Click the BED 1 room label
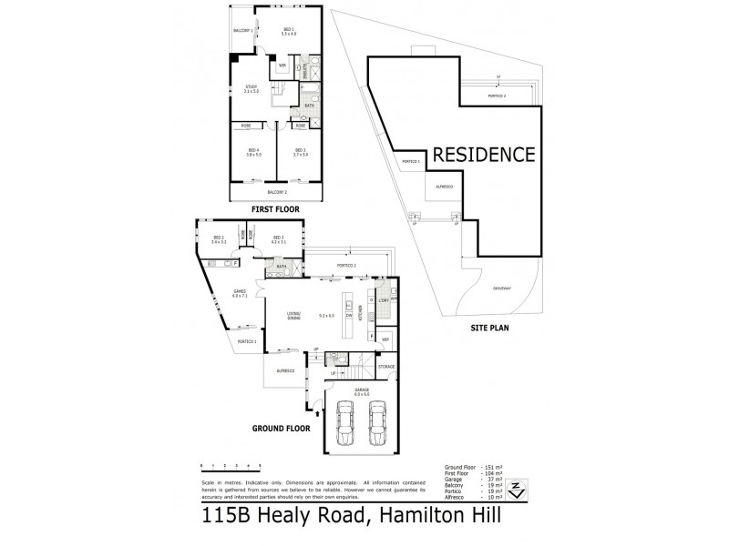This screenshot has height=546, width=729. [288, 31]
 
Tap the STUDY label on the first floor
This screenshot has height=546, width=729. [252, 89]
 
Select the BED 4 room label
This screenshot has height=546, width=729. [253, 151]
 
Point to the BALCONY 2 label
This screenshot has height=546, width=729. [277, 192]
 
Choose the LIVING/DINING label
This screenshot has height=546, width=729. [293, 315]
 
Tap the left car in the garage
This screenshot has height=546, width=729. [345, 424]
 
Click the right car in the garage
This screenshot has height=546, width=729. [378, 424]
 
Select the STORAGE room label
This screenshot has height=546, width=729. [386, 366]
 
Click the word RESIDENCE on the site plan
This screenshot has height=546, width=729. [483, 154]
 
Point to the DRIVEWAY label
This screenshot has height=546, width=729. [501, 288]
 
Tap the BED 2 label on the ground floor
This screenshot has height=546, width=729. [218, 238]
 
